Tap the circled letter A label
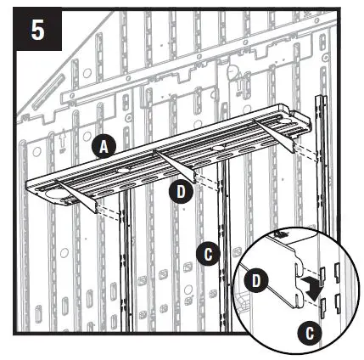coord(103,147)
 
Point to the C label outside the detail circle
coord(205,252)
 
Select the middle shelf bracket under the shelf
coord(182,168)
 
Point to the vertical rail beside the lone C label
coord(222,255)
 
